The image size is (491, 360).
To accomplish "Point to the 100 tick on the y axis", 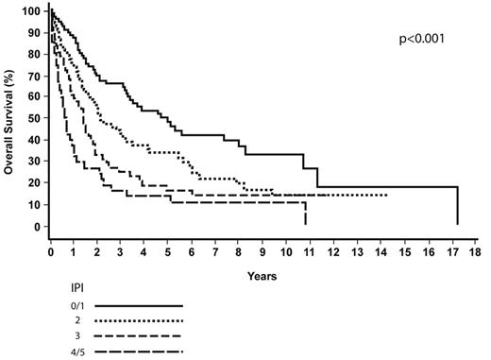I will click(x=33, y=10).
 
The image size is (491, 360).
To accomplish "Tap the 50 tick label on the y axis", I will click(x=35, y=118).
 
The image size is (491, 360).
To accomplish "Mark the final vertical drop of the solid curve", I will click(x=458, y=206).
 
